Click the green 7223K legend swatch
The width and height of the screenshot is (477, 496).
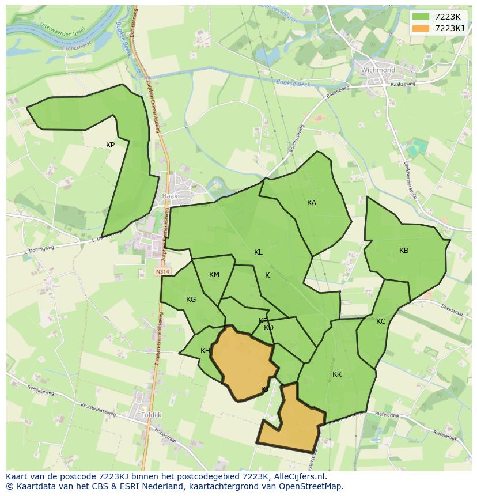[x=421, y=17]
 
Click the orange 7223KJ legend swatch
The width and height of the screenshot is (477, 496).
[x=421, y=28]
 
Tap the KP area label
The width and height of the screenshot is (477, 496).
[x=110, y=145]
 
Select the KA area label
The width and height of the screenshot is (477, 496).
[x=312, y=203]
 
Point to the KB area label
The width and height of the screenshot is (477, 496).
[x=404, y=251]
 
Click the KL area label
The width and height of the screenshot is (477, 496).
[x=258, y=252]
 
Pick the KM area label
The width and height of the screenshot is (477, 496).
[x=214, y=275]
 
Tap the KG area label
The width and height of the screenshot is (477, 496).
[x=191, y=300]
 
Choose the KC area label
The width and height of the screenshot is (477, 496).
[x=381, y=321]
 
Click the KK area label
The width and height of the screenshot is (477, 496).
[x=337, y=374]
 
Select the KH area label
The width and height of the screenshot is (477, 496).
[x=205, y=351]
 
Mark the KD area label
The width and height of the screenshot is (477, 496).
[x=268, y=328]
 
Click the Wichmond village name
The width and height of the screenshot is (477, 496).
[x=378, y=70]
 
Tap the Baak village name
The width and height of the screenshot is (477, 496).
[x=170, y=196]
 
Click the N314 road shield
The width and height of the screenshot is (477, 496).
[x=162, y=271]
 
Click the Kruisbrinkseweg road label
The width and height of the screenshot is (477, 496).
[x=98, y=410]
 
